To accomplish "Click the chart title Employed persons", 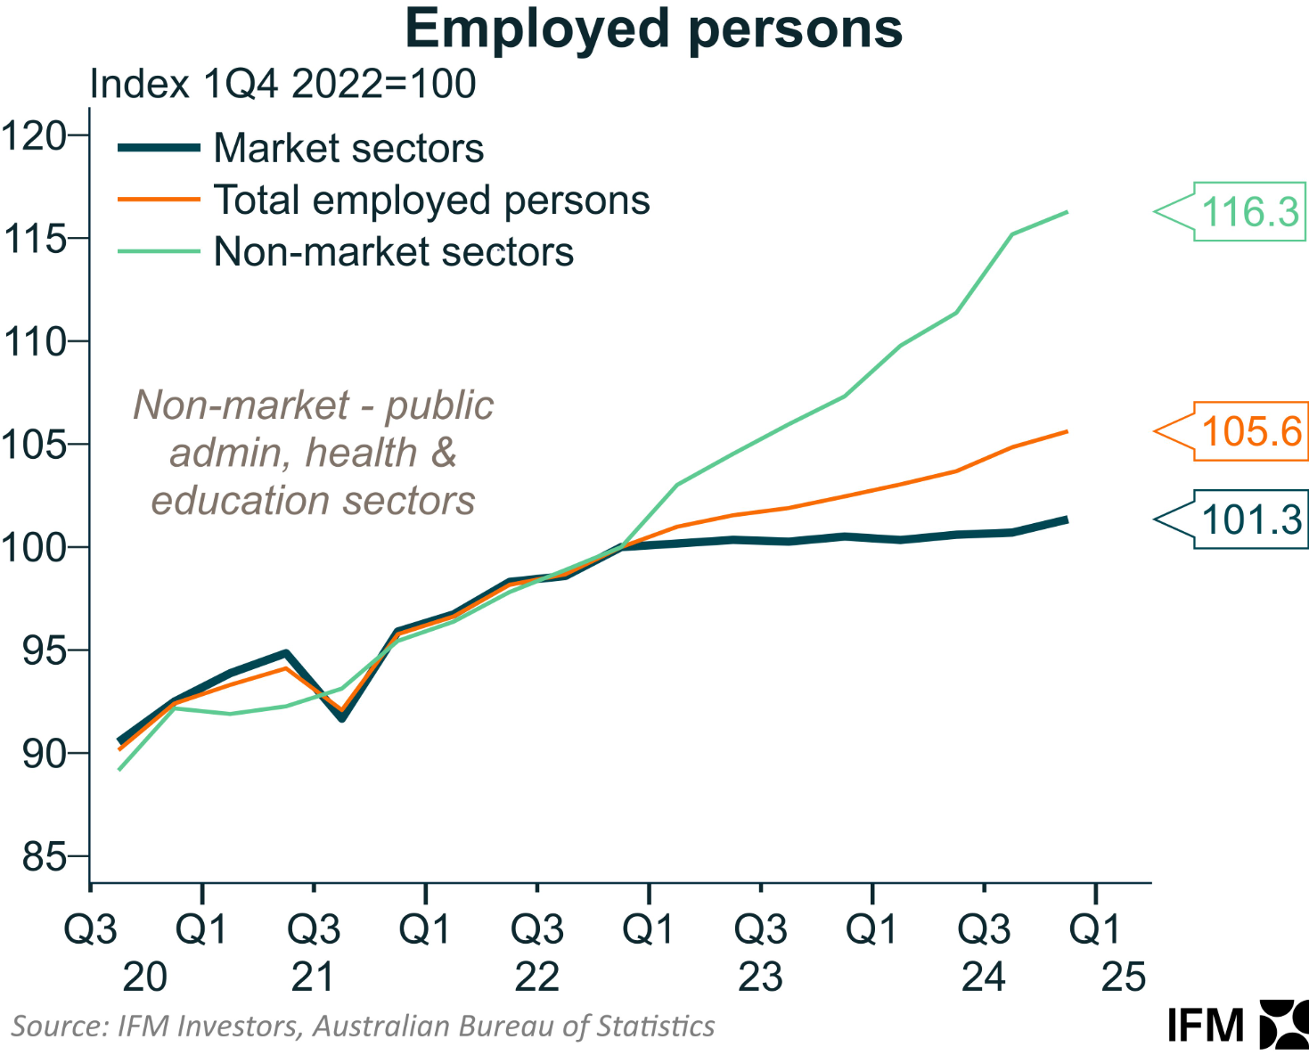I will coord(653,29).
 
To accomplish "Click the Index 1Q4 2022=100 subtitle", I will coord(283,84).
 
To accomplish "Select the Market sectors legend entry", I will coord(348,148).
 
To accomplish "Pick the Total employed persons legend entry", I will coord(431,200).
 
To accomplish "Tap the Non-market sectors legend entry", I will coord(393,252).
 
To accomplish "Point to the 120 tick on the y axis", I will coord(36,136).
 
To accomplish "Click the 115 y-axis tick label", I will coord(36,239).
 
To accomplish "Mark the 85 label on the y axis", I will coord(45,857).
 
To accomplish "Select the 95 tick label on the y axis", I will coord(45,651).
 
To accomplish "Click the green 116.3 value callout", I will coord(1249,212).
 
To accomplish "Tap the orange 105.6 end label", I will coord(1251,431).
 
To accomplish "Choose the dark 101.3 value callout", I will coord(1251,519).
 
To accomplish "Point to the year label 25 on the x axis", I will coord(1123,977).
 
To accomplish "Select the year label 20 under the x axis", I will coord(144,977).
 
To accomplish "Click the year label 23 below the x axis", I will coord(760,977).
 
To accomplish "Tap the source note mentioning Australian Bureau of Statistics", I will coord(363,1026).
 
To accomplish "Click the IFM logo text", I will coord(1206,1026).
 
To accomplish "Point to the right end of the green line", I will coord(1067,212).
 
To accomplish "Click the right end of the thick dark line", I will coord(1066,519).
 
